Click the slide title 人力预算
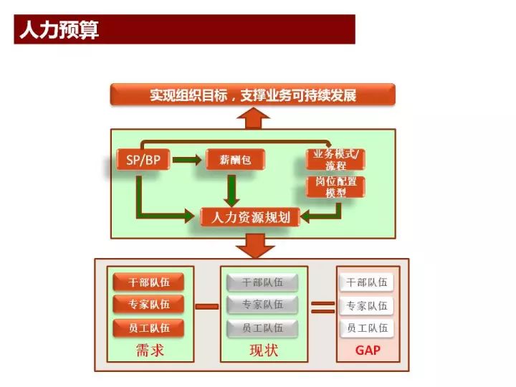point(59,30)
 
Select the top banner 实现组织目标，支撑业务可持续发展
point(252,95)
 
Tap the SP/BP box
point(143,161)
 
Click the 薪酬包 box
point(236,161)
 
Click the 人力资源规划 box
point(246,216)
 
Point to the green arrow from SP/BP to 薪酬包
point(188,161)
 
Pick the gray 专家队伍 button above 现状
point(263,305)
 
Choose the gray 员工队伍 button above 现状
point(263,328)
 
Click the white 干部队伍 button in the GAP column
point(367,282)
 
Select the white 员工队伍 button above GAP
point(367,328)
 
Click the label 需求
point(148,351)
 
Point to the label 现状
point(263,351)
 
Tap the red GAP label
point(367,351)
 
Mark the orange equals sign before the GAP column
point(323,307)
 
